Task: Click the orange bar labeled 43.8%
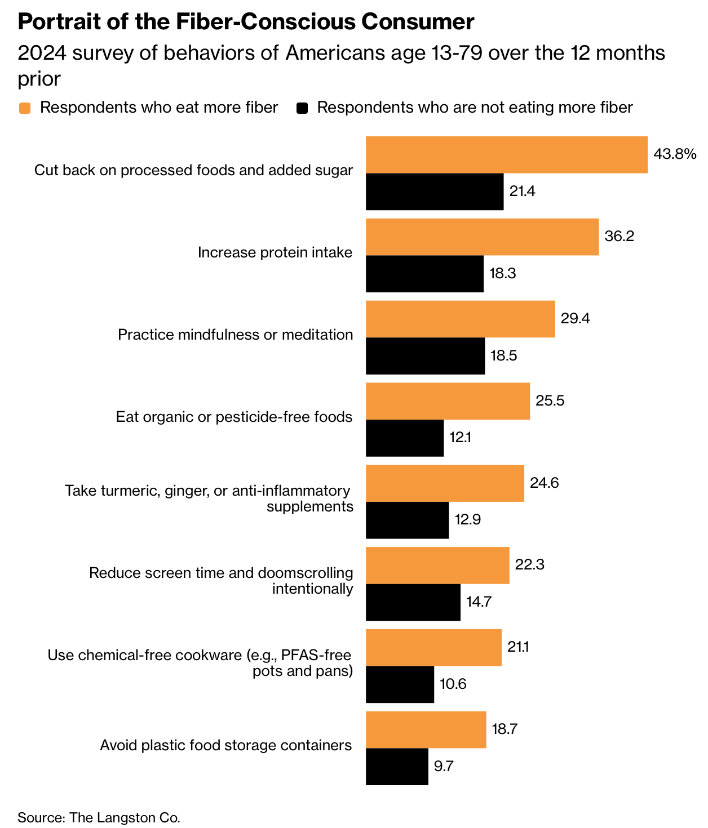pyautogui.click(x=506, y=154)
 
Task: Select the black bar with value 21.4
pyautogui.click(x=435, y=192)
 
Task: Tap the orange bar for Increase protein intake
pyautogui.click(x=482, y=237)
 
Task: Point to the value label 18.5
pyautogui.click(x=504, y=356)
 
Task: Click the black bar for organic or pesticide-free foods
pyautogui.click(x=405, y=438)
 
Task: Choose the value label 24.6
pyautogui.click(x=544, y=483)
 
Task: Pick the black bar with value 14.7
pyautogui.click(x=413, y=602)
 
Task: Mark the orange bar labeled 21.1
pyautogui.click(x=433, y=648)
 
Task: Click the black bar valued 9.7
pyautogui.click(x=397, y=767)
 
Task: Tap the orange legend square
pyautogui.click(x=24, y=108)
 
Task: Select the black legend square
pyautogui.click(x=303, y=108)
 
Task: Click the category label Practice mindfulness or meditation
pyautogui.click(x=235, y=335)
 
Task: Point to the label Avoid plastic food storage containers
pyautogui.click(x=225, y=745)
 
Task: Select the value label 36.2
pyautogui.click(x=619, y=237)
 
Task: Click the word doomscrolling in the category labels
pyautogui.click(x=305, y=573)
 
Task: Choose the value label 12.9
pyautogui.click(x=468, y=520)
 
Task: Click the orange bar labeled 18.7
pyautogui.click(x=426, y=729)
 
